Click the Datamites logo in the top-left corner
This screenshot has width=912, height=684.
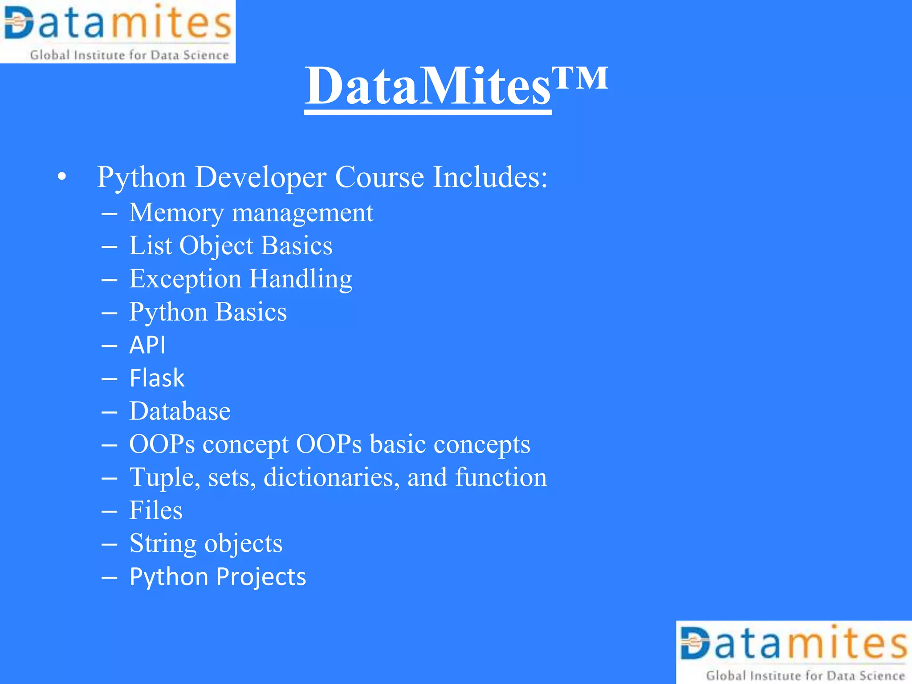(118, 31)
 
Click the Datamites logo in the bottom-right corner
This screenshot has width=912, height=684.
(794, 652)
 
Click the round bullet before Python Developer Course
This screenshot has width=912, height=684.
(62, 177)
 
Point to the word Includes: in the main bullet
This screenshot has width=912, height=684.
(490, 177)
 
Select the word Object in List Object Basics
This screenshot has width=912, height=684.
(216, 246)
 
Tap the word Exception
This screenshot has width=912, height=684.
(185, 279)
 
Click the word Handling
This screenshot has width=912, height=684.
(301, 279)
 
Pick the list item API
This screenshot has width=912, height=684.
(147, 345)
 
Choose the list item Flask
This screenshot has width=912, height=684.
(157, 378)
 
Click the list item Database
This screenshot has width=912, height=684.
(180, 411)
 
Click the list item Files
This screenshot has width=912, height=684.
(156, 510)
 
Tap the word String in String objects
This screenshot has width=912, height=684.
(163, 544)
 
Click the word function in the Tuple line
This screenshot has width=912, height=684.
(501, 477)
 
